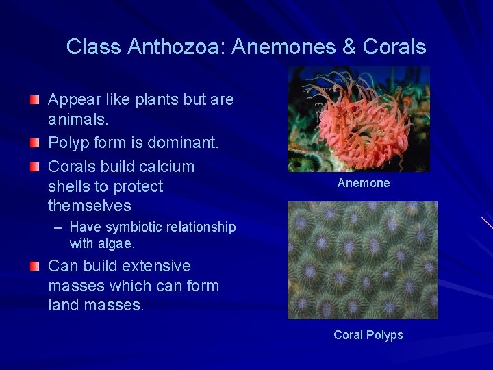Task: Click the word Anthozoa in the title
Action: pyautogui.click(x=176, y=47)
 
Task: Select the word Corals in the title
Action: pyautogui.click(x=394, y=47)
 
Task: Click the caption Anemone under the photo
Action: pyautogui.click(x=364, y=183)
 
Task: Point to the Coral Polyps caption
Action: pyautogui.click(x=368, y=335)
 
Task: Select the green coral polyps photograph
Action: pyautogui.click(x=362, y=260)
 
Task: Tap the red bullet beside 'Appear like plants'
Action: pyautogui.click(x=34, y=101)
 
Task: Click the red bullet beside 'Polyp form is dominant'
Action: pyautogui.click(x=34, y=144)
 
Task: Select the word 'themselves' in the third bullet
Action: pyautogui.click(x=89, y=206)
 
